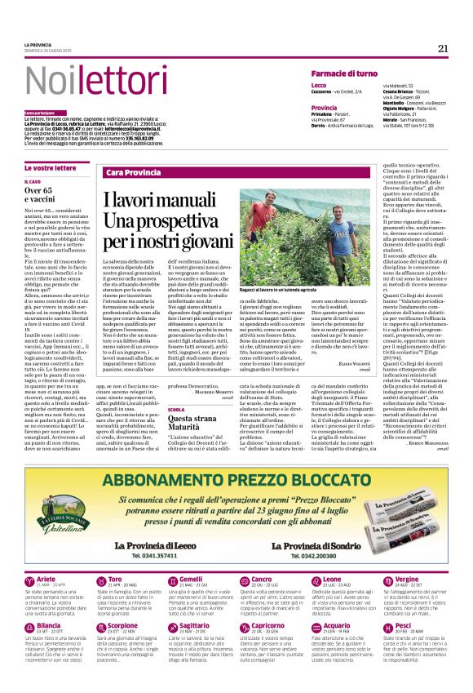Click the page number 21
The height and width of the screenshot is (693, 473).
point(443,48)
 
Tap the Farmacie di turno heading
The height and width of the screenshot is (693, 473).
point(344,73)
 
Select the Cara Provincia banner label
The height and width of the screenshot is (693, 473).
point(133,173)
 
